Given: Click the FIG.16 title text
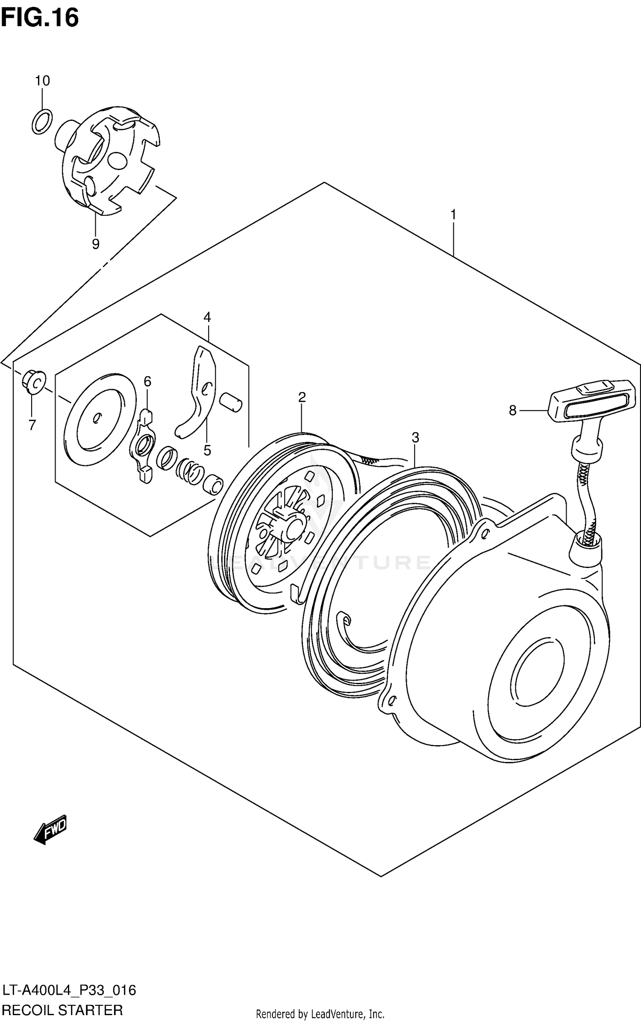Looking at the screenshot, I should tap(40, 18).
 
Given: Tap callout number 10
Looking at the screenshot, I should tap(42, 80).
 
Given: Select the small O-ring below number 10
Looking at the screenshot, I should tap(42, 121).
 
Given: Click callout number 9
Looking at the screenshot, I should tap(95, 244).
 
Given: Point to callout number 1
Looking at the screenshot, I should tap(453, 215).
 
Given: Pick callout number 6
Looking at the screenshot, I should tap(147, 381).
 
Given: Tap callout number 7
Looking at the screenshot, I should tap(32, 425).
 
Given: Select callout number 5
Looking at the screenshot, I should tap(207, 450).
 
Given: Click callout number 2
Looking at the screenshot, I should tap(302, 397).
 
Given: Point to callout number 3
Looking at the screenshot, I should tap(415, 437).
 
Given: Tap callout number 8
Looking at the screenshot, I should tap(512, 410).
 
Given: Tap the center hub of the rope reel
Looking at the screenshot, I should tap(294, 528).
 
